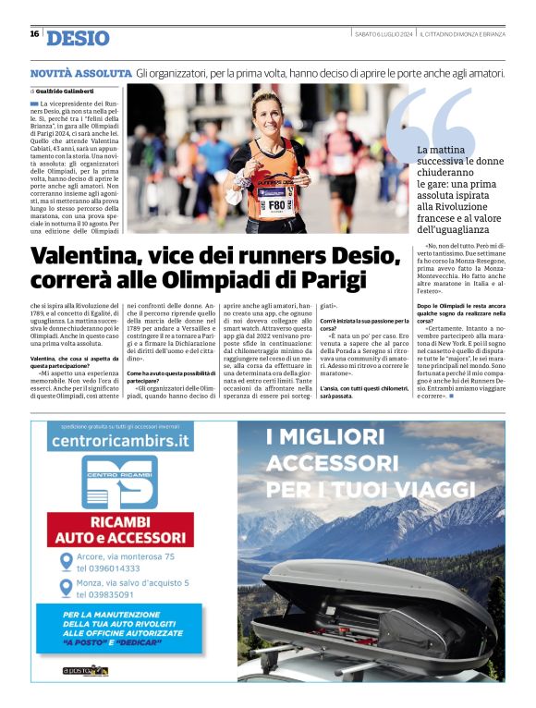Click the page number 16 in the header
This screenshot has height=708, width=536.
pyautogui.click(x=34, y=33)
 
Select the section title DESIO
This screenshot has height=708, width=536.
pyautogui.click(x=78, y=38)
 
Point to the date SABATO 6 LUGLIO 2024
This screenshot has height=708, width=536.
pyautogui.click(x=384, y=34)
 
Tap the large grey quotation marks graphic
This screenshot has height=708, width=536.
pyautogui.click(x=430, y=120)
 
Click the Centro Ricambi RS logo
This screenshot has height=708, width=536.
pyautogui.click(x=118, y=482)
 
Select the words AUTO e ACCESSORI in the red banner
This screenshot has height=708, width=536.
pyautogui.click(x=118, y=536)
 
